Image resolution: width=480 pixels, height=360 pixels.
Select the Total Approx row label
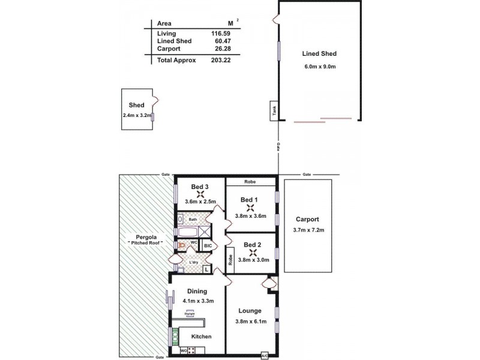[x=176, y=60]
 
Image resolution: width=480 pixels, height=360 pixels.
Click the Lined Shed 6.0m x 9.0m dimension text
[x=319, y=66]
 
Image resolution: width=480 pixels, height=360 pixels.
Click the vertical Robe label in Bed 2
[x=230, y=260]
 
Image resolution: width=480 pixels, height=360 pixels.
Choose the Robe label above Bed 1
[x=250, y=182]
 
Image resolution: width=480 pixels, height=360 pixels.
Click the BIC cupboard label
[x=208, y=246]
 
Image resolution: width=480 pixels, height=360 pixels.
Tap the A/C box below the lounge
[x=265, y=355]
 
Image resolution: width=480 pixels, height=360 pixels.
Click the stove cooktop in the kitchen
[x=175, y=335]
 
